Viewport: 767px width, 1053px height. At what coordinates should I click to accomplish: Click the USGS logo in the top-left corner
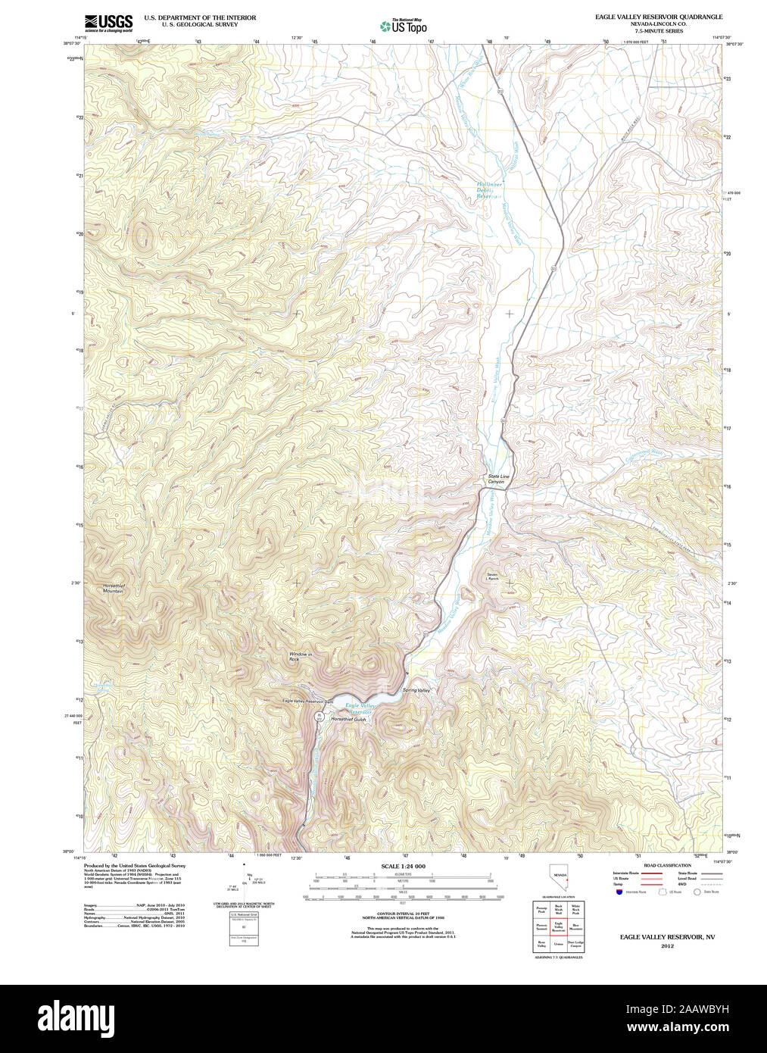[x=108, y=22]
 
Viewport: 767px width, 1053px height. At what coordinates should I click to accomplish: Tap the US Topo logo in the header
[x=403, y=27]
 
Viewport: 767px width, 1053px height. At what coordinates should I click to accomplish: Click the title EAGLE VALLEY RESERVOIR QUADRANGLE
[x=658, y=17]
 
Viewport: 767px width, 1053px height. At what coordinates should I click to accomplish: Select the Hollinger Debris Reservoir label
[x=489, y=189]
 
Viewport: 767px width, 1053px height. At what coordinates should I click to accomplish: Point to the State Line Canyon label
[x=497, y=479]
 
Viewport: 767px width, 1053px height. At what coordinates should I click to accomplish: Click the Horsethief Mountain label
[x=113, y=588]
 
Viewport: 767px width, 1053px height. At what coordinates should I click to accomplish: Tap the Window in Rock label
[x=300, y=657]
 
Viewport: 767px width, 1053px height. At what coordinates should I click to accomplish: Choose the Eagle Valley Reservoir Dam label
[x=307, y=701]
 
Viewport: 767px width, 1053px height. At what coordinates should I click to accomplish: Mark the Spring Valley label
[x=416, y=690]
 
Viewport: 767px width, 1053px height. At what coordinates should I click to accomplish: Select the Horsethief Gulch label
[x=348, y=719]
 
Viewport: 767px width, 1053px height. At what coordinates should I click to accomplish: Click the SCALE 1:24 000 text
[x=403, y=867]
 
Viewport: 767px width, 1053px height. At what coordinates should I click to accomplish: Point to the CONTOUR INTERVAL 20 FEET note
[x=403, y=914]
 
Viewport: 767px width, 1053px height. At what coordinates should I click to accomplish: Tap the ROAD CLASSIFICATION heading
[x=666, y=865]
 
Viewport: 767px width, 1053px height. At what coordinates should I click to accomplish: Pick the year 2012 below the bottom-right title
[x=667, y=945]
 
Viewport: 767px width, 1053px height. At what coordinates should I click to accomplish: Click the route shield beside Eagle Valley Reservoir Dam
[x=320, y=715]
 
